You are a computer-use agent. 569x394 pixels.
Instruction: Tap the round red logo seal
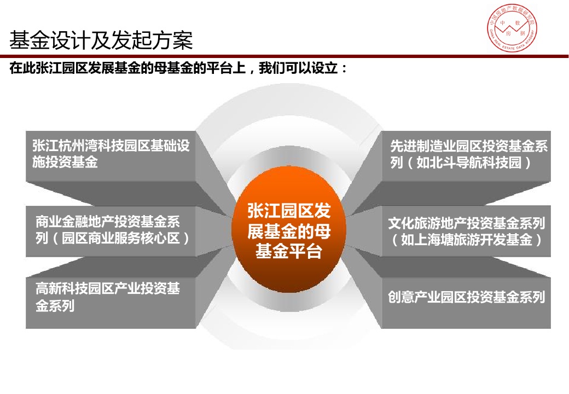coord(512,27)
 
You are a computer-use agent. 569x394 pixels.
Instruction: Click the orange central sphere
coord(288,230)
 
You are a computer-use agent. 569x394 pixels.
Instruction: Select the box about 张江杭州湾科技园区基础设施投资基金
coord(111,157)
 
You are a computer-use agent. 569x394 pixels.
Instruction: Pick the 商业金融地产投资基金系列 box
coord(111,231)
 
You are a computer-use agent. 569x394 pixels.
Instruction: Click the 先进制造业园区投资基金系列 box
coord(466,157)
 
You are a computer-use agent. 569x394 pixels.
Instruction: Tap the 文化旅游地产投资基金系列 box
coord(466,231)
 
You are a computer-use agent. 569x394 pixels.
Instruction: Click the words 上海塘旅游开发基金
coord(467,240)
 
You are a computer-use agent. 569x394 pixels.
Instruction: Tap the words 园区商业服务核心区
coord(121,239)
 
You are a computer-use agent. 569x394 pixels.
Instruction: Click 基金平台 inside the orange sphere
coord(289,251)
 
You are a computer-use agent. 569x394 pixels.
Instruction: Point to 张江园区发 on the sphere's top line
coord(289,211)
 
